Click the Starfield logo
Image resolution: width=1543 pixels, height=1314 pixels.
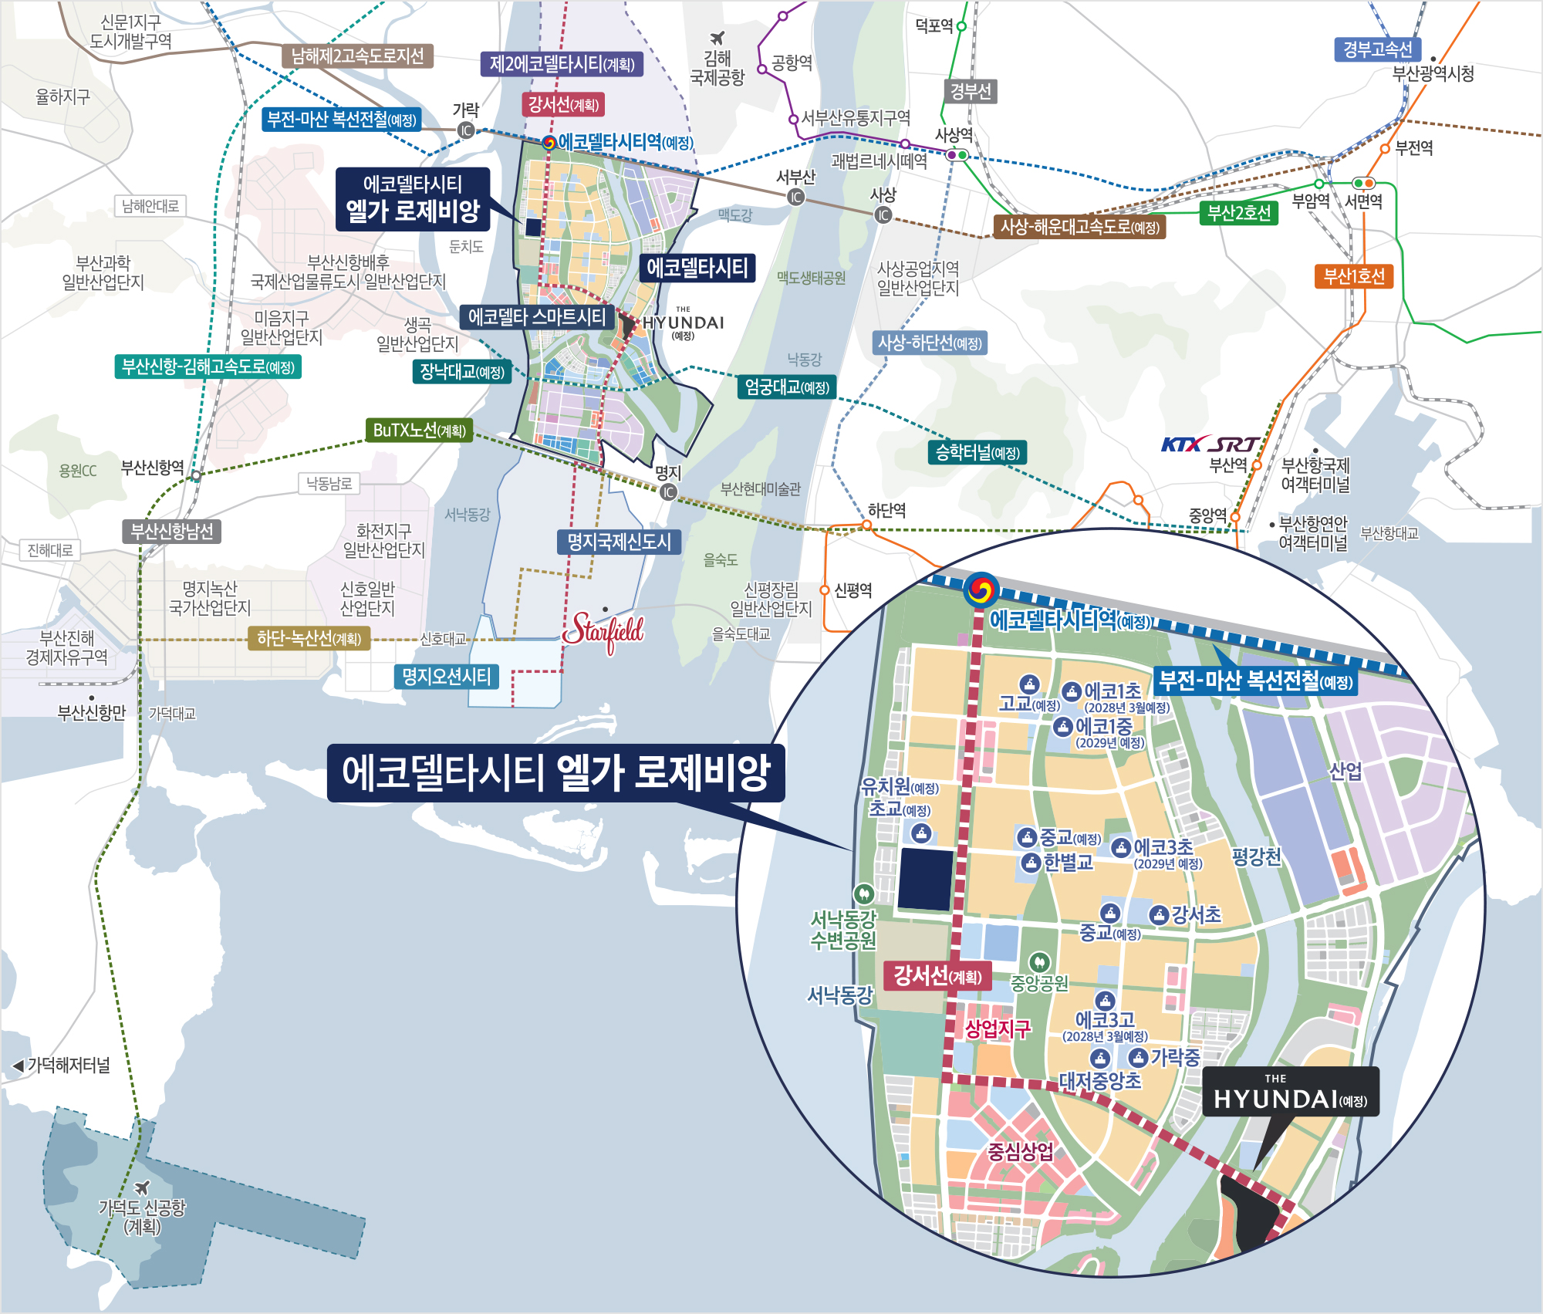603,632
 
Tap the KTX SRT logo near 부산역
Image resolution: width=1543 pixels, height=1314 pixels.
1209,444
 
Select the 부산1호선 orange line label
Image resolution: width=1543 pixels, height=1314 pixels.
1354,275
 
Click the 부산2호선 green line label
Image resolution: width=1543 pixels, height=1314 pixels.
1238,213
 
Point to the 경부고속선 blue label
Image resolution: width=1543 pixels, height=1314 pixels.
1377,50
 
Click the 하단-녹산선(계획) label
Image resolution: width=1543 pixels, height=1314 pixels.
309,638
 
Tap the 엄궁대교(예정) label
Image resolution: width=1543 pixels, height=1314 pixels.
787,387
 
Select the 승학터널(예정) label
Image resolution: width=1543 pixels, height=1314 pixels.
977,453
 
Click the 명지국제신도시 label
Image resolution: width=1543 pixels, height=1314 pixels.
619,542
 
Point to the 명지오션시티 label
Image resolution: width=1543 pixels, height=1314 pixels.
446,677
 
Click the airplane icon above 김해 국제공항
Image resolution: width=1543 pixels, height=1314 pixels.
717,38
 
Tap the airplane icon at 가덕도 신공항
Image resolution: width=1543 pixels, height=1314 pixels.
141,1187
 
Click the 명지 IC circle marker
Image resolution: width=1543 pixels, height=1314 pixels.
668,491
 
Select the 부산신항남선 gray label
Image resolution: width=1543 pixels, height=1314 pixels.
171,532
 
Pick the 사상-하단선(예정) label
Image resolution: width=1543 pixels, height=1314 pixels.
930,343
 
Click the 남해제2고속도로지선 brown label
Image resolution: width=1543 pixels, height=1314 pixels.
357,56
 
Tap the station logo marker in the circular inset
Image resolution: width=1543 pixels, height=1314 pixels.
980,591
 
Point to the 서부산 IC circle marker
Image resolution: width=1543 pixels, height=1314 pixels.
795,197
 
